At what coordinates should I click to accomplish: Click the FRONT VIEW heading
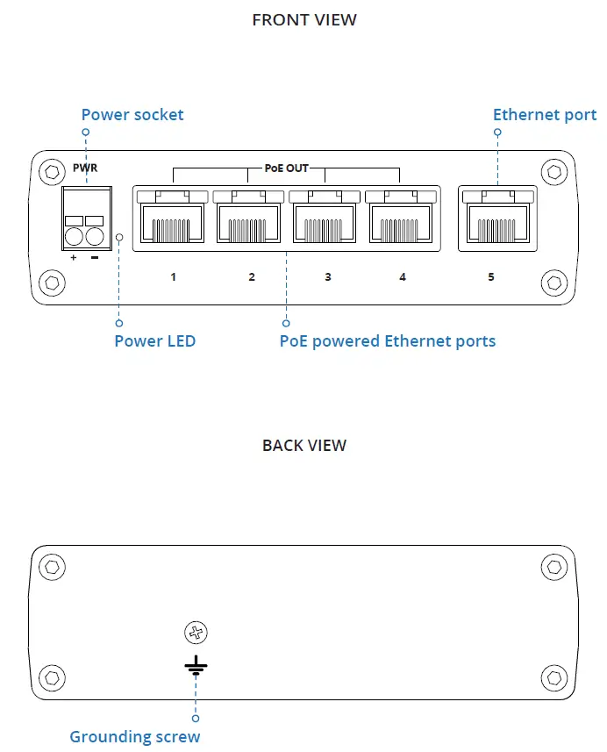(x=303, y=19)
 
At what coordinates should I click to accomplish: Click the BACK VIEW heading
(x=303, y=445)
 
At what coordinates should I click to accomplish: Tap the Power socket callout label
(x=132, y=115)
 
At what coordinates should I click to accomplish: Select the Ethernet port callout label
(x=544, y=115)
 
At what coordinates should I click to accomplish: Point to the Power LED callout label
(x=154, y=340)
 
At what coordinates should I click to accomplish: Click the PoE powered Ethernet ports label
(x=387, y=340)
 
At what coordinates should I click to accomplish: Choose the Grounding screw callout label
(x=135, y=736)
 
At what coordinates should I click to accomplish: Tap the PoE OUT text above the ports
(x=286, y=168)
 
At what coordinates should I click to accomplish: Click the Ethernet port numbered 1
(x=173, y=222)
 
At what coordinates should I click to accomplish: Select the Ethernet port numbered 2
(x=248, y=222)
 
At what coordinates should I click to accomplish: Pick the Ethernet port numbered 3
(x=325, y=222)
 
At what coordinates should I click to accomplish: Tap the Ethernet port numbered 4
(x=401, y=222)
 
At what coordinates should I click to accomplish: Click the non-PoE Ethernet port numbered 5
(x=497, y=222)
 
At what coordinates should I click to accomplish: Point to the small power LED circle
(x=119, y=237)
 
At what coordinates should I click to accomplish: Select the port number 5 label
(x=491, y=277)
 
